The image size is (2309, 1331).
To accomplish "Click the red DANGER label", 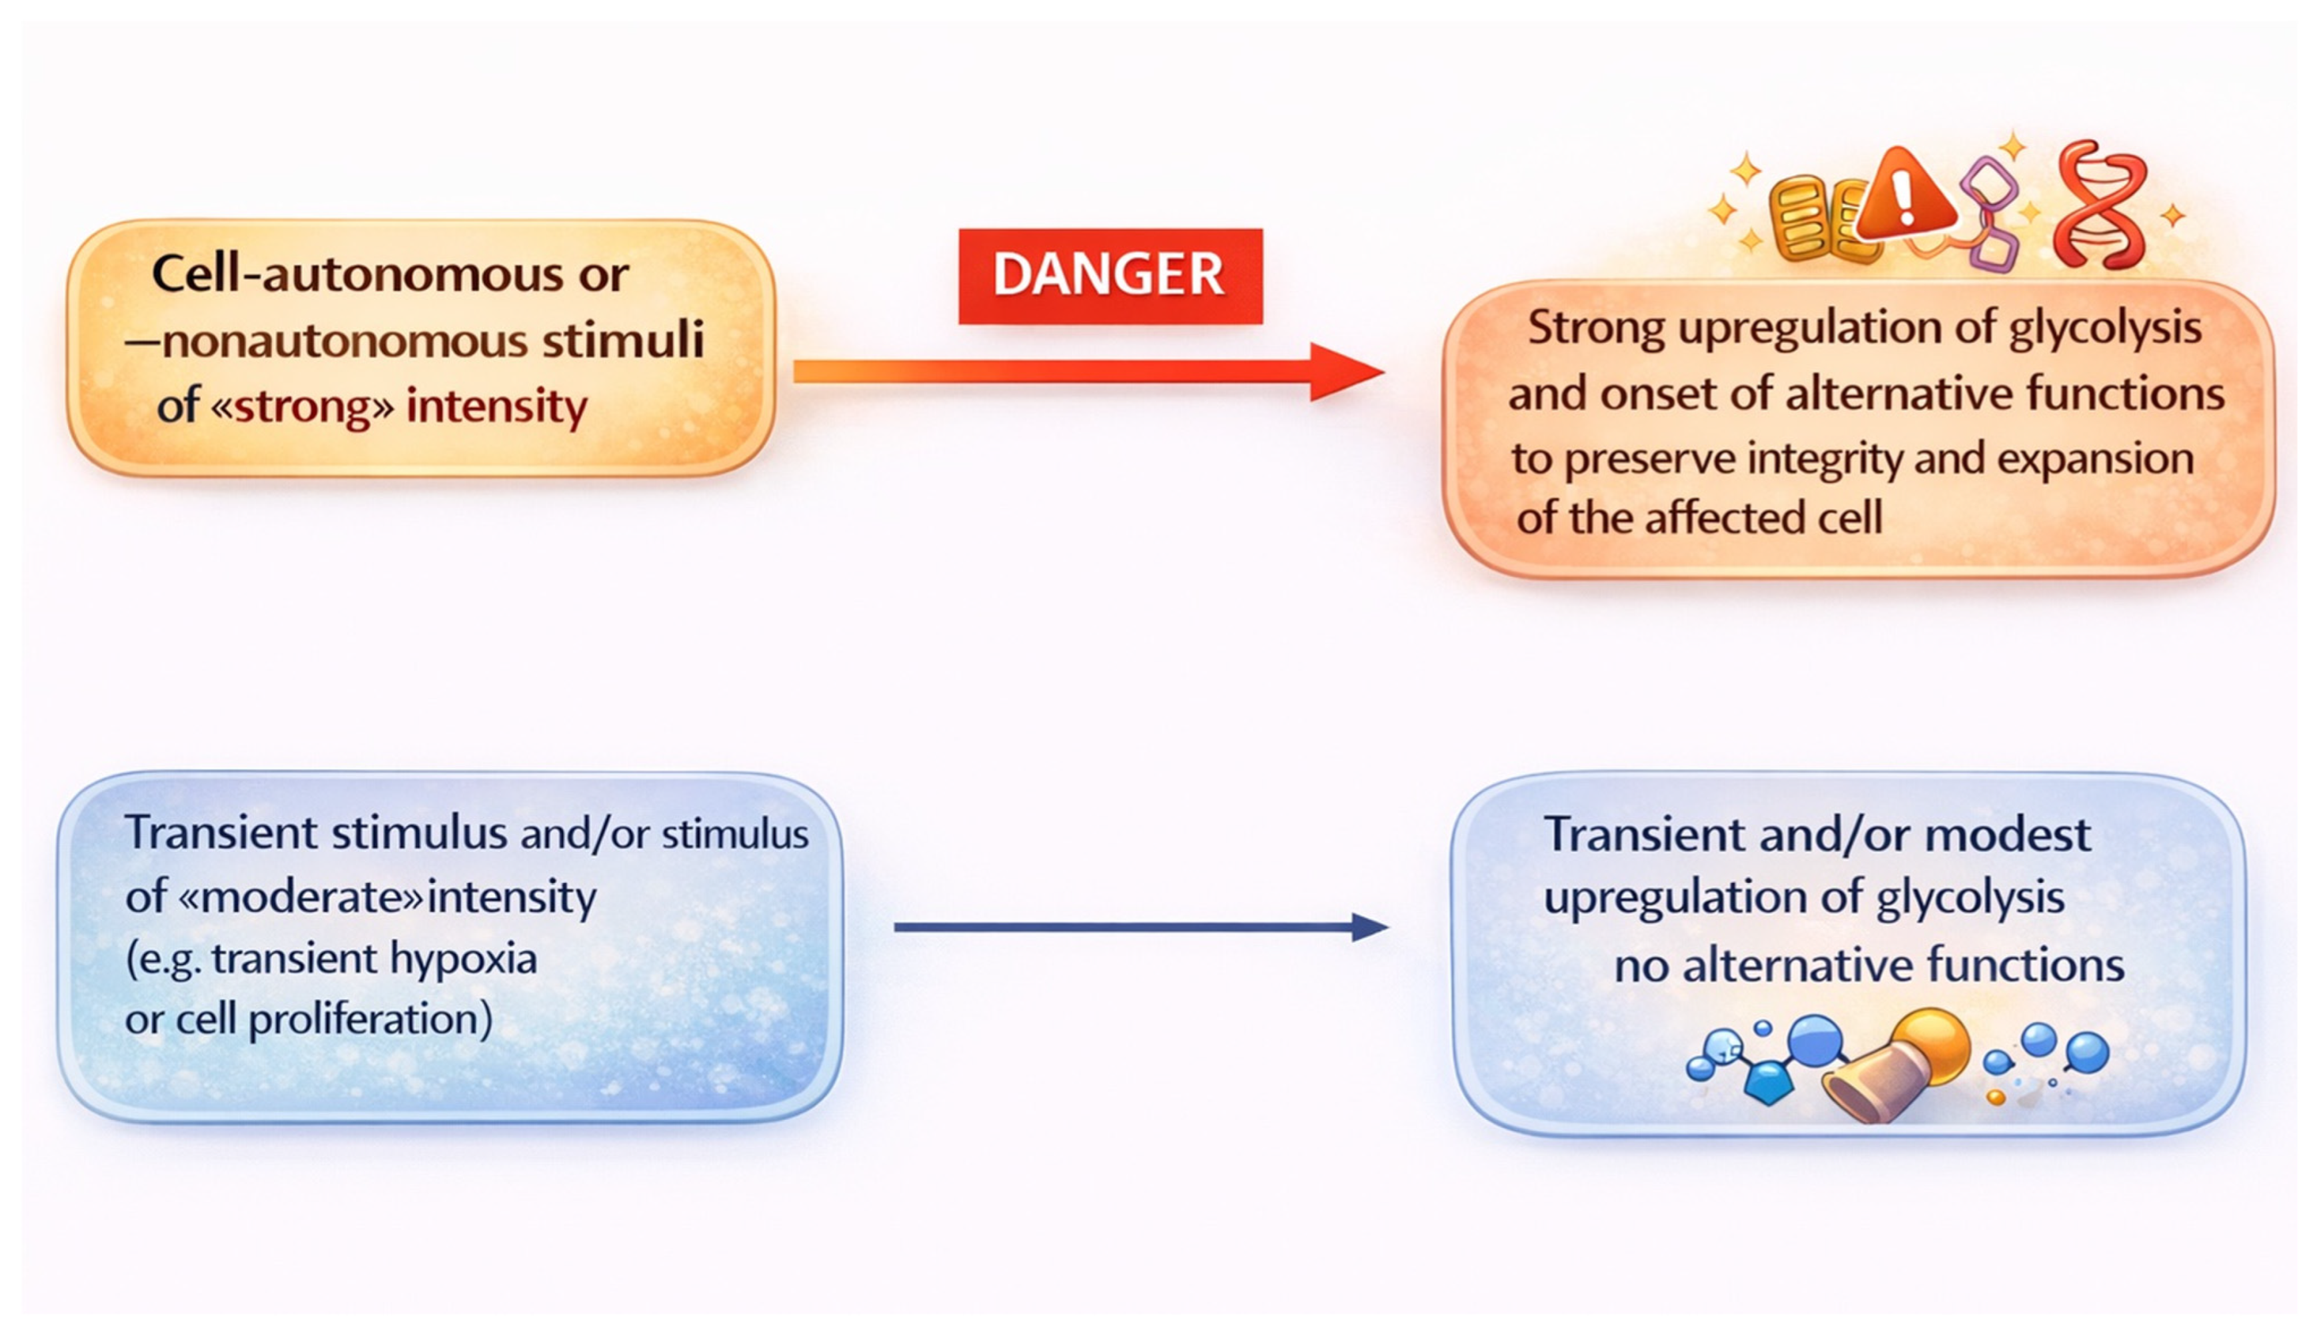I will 1110,275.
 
